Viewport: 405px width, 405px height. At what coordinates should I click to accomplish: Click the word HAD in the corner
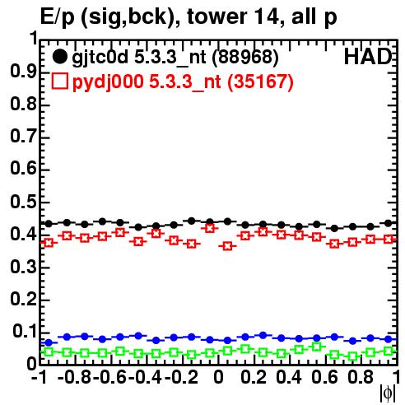click(368, 57)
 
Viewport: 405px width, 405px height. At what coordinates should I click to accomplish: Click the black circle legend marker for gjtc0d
click(59, 57)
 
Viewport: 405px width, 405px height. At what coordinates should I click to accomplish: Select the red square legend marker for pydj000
click(59, 81)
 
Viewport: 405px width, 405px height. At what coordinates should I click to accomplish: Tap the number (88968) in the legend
click(245, 58)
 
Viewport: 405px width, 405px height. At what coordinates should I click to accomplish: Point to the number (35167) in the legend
click(261, 82)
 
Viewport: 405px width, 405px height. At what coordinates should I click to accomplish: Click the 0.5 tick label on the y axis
click(23, 202)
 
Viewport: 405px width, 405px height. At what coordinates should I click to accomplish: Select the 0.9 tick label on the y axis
click(23, 72)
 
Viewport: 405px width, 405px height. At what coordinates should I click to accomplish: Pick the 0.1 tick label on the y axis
click(24, 332)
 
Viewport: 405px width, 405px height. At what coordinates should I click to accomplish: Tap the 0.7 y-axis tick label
click(23, 137)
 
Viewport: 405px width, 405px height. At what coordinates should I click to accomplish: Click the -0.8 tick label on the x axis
click(74, 378)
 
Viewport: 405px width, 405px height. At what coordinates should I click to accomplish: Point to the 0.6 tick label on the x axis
click(324, 378)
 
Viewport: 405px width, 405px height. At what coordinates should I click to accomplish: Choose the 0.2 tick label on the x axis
click(254, 378)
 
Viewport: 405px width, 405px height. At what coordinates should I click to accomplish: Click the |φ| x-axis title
click(388, 394)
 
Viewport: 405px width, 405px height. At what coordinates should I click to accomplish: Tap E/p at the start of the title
click(57, 18)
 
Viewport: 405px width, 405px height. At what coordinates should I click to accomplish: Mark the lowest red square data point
click(227, 246)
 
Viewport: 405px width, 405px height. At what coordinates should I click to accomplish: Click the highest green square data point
click(317, 347)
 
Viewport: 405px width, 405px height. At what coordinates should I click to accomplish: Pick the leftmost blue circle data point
click(49, 342)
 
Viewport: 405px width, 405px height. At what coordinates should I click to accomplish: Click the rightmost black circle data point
click(388, 223)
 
